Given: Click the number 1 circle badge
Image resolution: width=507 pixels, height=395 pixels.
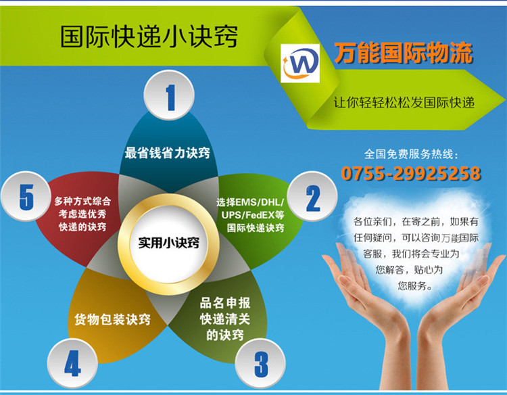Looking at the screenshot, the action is point(169,95).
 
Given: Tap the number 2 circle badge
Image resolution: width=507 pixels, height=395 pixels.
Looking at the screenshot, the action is point(312,196).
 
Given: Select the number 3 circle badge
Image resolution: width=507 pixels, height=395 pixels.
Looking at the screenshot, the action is point(260,364).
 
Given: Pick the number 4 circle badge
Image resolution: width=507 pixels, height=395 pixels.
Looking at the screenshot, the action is point(72,364).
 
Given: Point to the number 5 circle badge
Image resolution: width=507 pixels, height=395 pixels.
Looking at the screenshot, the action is point(26,196).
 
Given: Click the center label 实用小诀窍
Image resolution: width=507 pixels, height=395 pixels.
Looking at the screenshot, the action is point(168,243).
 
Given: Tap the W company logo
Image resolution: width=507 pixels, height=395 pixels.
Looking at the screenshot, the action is point(300,64).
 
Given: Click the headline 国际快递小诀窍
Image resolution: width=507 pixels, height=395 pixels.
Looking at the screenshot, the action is point(149,37).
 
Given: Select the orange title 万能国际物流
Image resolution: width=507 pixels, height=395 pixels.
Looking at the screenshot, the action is point(404,53).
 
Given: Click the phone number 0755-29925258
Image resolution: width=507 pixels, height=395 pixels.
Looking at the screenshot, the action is point(411,173).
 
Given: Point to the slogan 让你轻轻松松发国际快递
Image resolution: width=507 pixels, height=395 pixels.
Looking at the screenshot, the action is point(404,103).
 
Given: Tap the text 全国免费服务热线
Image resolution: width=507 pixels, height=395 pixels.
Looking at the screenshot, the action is point(410,154).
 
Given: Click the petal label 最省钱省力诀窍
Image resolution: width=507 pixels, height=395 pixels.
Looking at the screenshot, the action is point(168,153).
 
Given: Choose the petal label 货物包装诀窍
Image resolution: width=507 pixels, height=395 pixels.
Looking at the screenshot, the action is point(112,319).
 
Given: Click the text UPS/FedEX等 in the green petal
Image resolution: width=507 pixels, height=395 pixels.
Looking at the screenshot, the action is point(253,215).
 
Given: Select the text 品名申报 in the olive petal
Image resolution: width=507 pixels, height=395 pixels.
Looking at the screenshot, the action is point(225,304).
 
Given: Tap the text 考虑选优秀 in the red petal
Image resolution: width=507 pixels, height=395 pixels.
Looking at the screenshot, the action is point(82,214).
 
